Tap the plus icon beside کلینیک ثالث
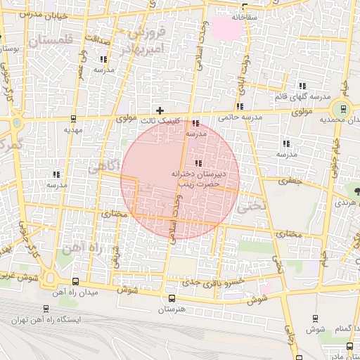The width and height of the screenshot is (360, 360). (160, 110)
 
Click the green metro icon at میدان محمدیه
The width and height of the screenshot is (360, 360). (343, 109)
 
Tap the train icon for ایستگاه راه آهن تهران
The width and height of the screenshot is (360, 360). (46, 309)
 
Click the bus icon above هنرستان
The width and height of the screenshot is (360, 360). (172, 298)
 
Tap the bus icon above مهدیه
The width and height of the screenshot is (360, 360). (74, 119)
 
